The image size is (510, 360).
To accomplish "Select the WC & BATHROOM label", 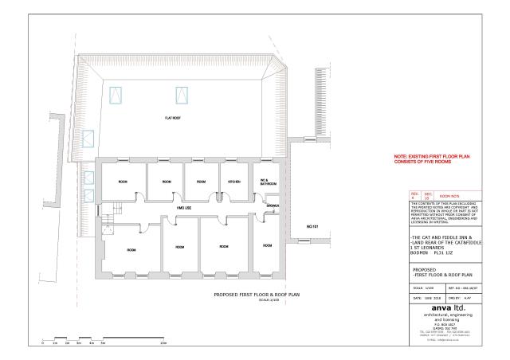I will (267, 182).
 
